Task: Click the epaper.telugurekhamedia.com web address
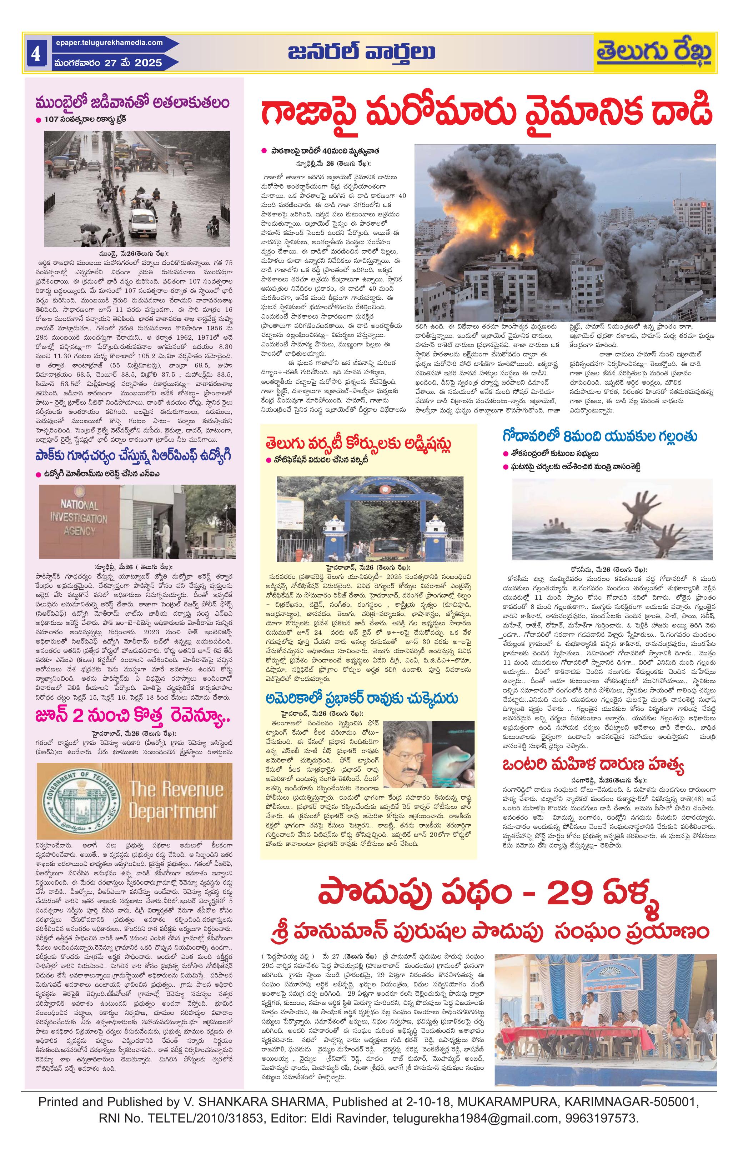tap(109, 43)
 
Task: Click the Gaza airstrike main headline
tap(487, 112)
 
